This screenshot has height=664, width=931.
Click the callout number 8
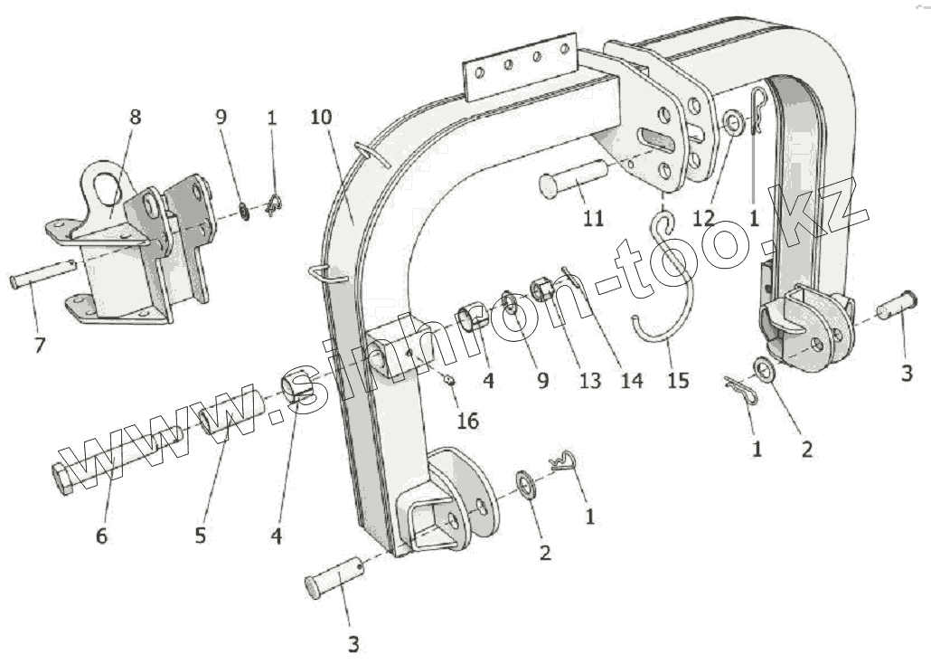[136, 117]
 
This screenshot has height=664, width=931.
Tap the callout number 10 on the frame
[321, 118]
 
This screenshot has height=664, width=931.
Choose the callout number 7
[40, 345]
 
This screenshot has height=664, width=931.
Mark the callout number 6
[101, 536]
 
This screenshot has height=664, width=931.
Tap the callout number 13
[589, 381]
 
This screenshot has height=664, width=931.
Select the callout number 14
[631, 381]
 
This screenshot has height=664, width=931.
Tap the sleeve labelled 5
[231, 415]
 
